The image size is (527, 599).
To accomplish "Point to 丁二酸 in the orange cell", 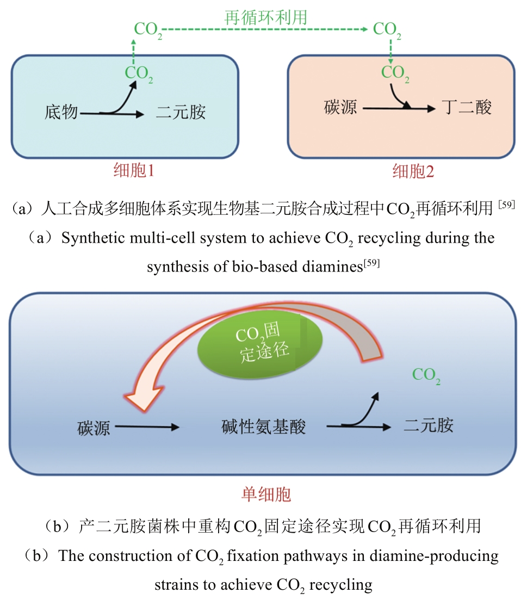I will [x=467, y=108].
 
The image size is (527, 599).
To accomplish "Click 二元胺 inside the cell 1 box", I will [x=181, y=113].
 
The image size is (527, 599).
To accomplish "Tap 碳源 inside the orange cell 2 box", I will [x=340, y=108].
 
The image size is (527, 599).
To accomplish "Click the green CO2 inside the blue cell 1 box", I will [x=139, y=73].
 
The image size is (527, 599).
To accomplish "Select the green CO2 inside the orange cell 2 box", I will [x=395, y=73].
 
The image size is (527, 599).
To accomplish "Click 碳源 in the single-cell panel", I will [x=93, y=428].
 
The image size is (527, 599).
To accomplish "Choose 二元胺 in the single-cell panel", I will [x=429, y=425].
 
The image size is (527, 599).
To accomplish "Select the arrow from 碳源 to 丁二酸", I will [x=399, y=109].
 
